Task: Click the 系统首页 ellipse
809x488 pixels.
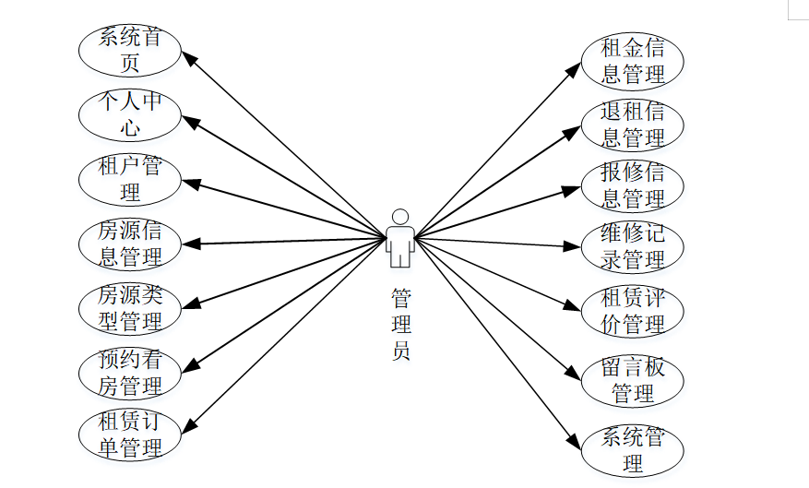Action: [x=130, y=50]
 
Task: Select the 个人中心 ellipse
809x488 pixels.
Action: [x=130, y=115]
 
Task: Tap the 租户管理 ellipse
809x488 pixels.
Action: [x=130, y=179]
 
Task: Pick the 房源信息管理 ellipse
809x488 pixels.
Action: [x=130, y=244]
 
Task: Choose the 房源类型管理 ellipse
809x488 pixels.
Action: [x=130, y=308]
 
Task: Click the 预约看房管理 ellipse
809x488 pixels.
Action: [x=130, y=373]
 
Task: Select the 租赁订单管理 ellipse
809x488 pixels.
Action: [x=130, y=435]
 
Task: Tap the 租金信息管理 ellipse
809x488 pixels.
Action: [x=633, y=61]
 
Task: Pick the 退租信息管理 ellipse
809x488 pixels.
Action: [x=633, y=125]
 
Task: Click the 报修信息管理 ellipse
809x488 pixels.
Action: [x=633, y=185]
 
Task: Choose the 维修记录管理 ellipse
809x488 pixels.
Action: [x=633, y=247]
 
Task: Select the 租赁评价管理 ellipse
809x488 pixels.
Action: [x=633, y=312]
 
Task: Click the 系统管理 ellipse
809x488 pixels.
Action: [x=633, y=450]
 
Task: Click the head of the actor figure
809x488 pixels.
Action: [x=400, y=217]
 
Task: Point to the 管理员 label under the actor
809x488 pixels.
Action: [x=400, y=325]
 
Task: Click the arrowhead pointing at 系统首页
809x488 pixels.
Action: [x=188, y=57]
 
